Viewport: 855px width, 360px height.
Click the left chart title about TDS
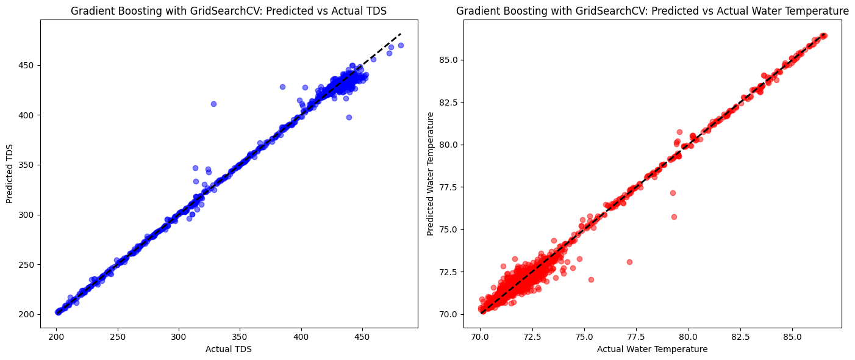[229, 11]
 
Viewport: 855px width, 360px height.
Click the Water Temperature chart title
[653, 11]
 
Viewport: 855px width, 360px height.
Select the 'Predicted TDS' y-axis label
[10, 174]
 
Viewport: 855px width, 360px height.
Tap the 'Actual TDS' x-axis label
[229, 349]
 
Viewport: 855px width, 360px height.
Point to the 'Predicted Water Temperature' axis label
[430, 174]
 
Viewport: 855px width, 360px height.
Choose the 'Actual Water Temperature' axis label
[653, 349]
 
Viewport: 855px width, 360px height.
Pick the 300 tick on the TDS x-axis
[179, 337]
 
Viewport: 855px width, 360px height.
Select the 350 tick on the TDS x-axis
[240, 337]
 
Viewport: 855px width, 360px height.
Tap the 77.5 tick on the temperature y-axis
[448, 187]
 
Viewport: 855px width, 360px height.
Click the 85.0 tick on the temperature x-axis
[792, 337]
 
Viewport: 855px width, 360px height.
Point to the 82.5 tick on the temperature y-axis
[448, 103]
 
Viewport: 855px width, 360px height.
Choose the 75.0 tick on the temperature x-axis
[584, 337]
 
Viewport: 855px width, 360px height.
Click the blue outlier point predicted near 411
[213, 104]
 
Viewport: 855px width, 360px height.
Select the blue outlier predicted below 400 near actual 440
[349, 117]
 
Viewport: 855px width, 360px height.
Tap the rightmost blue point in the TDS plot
[401, 45]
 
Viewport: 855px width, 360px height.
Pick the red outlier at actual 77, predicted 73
[629, 262]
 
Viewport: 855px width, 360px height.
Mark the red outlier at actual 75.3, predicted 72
[592, 279]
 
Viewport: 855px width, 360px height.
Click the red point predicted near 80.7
[679, 132]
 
